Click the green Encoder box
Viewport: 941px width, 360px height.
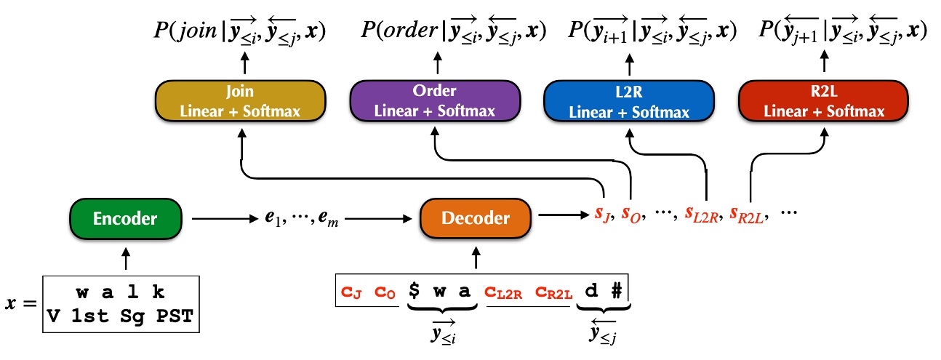click(125, 217)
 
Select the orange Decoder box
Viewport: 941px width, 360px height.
click(476, 217)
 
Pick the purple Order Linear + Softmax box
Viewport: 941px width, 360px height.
click(435, 100)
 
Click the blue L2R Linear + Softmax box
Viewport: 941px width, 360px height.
click(630, 100)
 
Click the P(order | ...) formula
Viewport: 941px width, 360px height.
click(454, 31)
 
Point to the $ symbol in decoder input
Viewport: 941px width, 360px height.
click(415, 290)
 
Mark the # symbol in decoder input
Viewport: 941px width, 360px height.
click(616, 290)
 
